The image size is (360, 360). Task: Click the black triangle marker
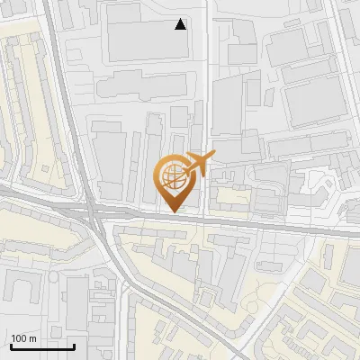pyautogui.click(x=181, y=24)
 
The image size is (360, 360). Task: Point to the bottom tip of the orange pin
pyautogui.click(x=174, y=212)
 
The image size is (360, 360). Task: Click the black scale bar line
pyautogui.click(x=40, y=346)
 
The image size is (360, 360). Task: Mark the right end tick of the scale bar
pyautogui.click(x=74, y=345)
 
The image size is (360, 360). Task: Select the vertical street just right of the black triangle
pyautogui.click(x=209, y=54)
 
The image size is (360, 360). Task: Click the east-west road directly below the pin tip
pyautogui.click(x=174, y=218)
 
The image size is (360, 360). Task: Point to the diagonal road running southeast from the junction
pyautogui.click(x=171, y=297)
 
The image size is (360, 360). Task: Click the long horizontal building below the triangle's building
pyautogui.click(x=144, y=85)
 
